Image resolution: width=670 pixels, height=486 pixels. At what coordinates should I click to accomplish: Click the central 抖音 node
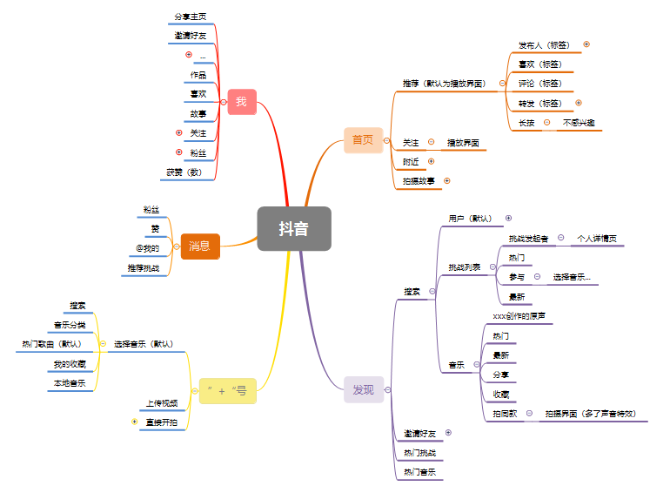[294, 228]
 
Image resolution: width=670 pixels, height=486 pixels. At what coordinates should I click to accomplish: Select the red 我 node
[241, 102]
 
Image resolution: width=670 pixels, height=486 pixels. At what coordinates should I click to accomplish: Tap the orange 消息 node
[199, 246]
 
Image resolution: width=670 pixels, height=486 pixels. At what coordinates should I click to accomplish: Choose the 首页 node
[363, 139]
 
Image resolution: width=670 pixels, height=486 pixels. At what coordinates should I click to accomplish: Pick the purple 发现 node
[363, 389]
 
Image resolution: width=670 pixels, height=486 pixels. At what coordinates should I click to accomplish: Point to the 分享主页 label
[190, 17]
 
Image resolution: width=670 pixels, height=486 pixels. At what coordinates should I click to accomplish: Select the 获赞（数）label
[184, 172]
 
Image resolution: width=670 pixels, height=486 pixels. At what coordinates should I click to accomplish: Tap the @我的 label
[147, 248]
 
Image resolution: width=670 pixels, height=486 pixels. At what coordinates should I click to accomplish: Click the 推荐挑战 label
[144, 268]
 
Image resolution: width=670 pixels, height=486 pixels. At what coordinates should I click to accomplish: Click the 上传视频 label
[162, 403]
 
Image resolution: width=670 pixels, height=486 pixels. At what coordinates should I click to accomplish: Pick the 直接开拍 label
[161, 422]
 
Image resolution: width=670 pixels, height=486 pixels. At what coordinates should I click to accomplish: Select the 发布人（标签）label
[546, 44]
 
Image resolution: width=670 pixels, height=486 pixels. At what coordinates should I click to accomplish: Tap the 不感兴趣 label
[580, 123]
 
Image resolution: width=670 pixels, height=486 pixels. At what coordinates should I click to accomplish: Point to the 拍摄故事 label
[419, 181]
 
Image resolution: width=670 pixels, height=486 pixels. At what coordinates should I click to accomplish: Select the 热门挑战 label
[419, 453]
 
